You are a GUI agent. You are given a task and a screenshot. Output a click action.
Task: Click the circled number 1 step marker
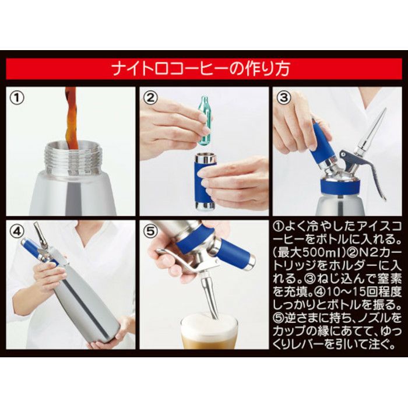coord(17,98)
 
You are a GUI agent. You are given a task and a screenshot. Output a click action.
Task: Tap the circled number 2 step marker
coord(150,98)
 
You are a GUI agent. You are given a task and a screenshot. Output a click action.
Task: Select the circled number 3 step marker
coord(284,98)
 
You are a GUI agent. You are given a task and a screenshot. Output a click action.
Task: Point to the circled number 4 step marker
coord(17,231)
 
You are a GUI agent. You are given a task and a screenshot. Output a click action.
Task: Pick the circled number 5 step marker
coord(150,231)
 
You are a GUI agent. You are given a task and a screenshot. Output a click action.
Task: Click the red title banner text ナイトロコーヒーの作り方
coord(201,69)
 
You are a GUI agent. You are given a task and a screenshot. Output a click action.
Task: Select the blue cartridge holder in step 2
coord(205,182)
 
